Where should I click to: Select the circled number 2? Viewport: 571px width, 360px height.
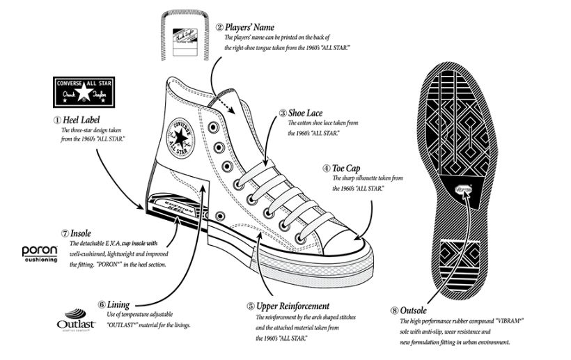(x=219, y=28)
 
